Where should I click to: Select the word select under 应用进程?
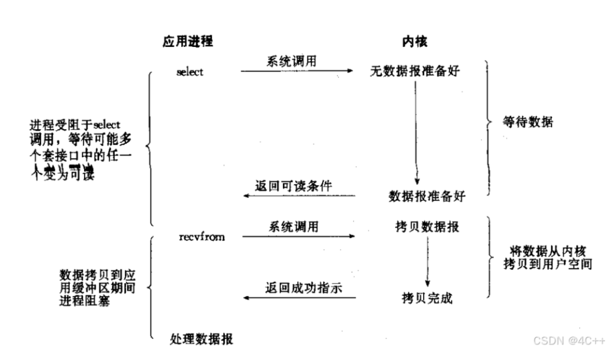190,72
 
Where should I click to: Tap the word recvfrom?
201,237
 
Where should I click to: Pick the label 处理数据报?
201,339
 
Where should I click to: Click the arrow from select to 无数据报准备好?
297,70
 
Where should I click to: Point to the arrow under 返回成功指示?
299,298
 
